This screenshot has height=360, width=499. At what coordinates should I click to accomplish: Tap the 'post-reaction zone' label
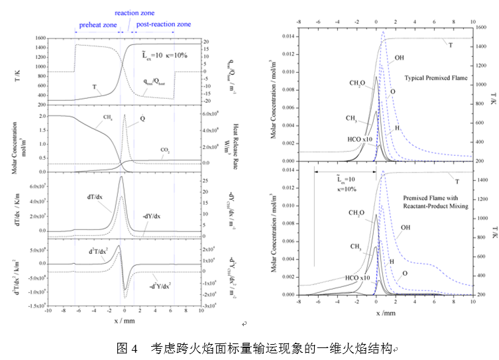[x=164, y=25]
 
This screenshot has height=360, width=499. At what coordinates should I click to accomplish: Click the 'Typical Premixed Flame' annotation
[x=435, y=78]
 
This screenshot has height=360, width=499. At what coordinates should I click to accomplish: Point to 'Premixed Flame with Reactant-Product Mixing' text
[x=436, y=202]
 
